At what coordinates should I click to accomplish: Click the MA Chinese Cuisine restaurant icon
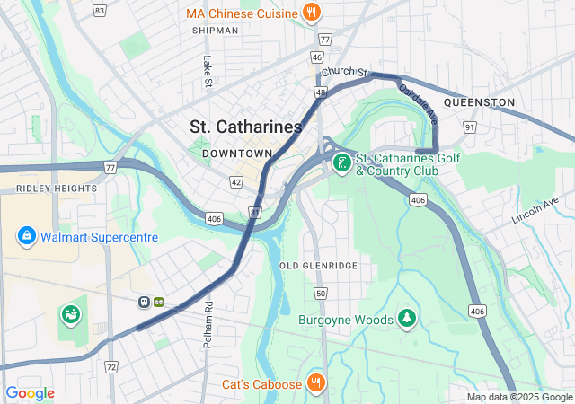coord(311,13)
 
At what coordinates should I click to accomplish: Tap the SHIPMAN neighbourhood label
coord(215,31)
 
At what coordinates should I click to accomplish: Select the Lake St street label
coord(208,73)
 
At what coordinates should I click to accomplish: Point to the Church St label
coord(346,72)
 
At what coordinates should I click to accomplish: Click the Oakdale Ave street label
coord(418,103)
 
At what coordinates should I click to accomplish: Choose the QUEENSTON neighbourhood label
coord(479,102)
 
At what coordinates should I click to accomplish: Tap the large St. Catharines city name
coord(246,127)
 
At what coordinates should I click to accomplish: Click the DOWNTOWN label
coord(236,154)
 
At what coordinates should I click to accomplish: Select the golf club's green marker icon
coord(341,163)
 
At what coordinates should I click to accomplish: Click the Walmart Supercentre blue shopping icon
coord(27,237)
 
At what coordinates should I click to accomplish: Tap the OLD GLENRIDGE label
coord(318,266)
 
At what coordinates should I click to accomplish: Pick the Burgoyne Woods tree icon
coord(408,319)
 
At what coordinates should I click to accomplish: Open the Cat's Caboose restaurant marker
coord(315,383)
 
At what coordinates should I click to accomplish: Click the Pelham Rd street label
coord(208,319)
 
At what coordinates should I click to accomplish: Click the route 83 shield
coord(99,11)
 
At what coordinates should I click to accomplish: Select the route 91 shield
coord(470,127)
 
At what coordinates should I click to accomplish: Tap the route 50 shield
coord(320,294)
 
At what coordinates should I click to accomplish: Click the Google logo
coord(30,393)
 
